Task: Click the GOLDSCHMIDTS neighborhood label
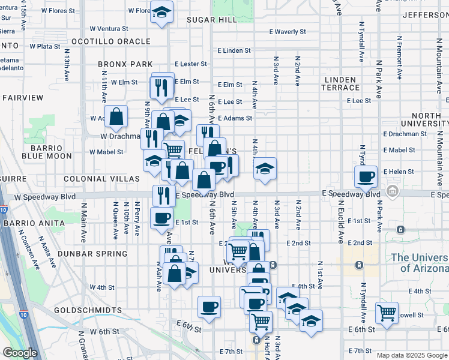[88, 311]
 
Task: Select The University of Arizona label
[419, 263]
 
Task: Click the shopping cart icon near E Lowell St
[387, 312]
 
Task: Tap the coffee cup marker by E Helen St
[366, 176]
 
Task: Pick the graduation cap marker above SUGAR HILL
[161, 12]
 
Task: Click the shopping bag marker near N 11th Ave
[116, 116]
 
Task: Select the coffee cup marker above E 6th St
[209, 307]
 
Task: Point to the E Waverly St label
[288, 32]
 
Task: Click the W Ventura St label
[109, 28]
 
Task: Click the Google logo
[20, 353]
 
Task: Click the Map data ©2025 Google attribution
[411, 355]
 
